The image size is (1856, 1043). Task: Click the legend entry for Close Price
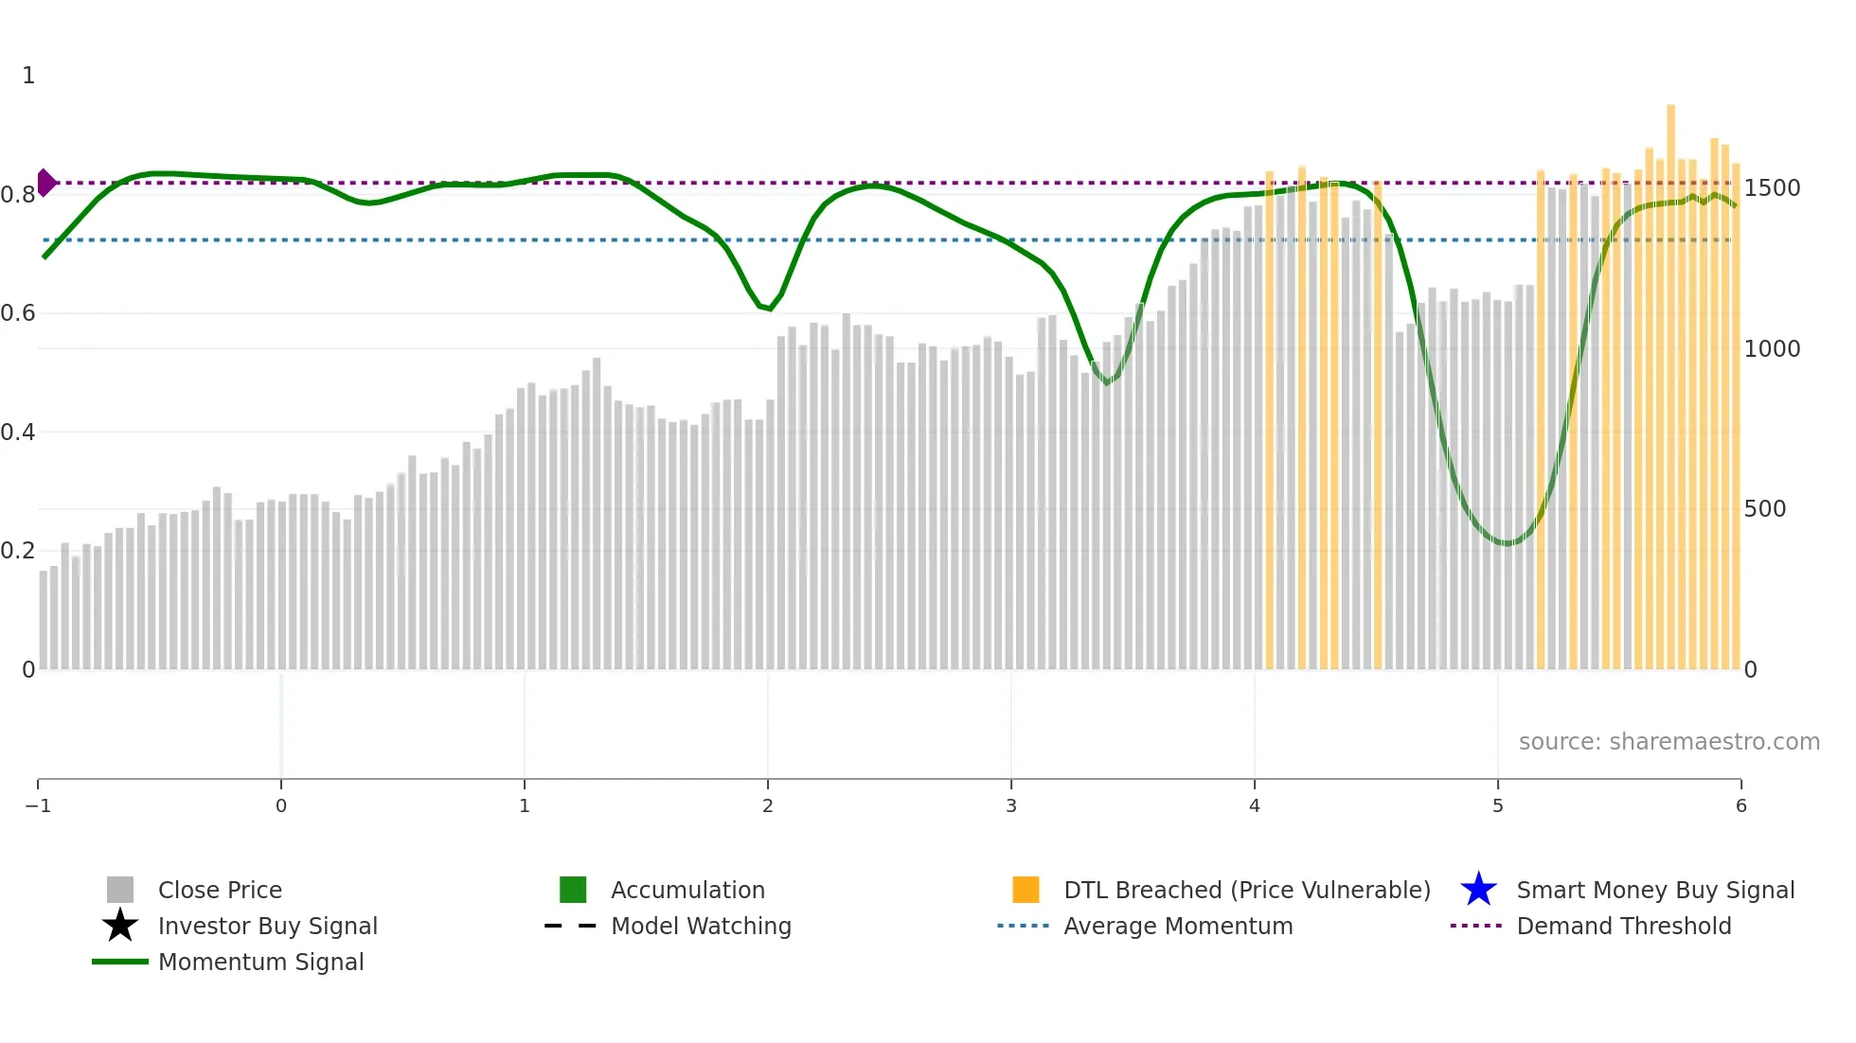point(219,890)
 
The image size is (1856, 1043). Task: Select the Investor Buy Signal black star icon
point(120,926)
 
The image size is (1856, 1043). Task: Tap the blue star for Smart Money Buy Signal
point(1478,890)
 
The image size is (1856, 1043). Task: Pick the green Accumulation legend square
point(573,890)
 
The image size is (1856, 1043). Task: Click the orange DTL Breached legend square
point(1026,890)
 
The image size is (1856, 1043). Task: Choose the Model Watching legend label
point(701,926)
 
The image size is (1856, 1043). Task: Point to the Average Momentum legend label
point(1178,926)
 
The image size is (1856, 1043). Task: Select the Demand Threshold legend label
point(1623,926)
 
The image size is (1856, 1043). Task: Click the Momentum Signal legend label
point(260,962)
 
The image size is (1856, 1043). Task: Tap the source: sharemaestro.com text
point(1669,741)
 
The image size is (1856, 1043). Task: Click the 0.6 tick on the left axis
point(18,313)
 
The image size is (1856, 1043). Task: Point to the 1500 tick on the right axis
point(1772,188)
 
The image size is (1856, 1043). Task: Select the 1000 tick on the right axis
point(1772,349)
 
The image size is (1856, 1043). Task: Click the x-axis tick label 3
point(1011,805)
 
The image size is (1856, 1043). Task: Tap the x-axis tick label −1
point(38,805)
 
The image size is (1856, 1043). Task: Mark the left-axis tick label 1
point(28,76)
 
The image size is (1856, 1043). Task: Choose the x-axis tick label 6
point(1740,805)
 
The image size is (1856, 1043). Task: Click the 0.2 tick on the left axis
point(18,551)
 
